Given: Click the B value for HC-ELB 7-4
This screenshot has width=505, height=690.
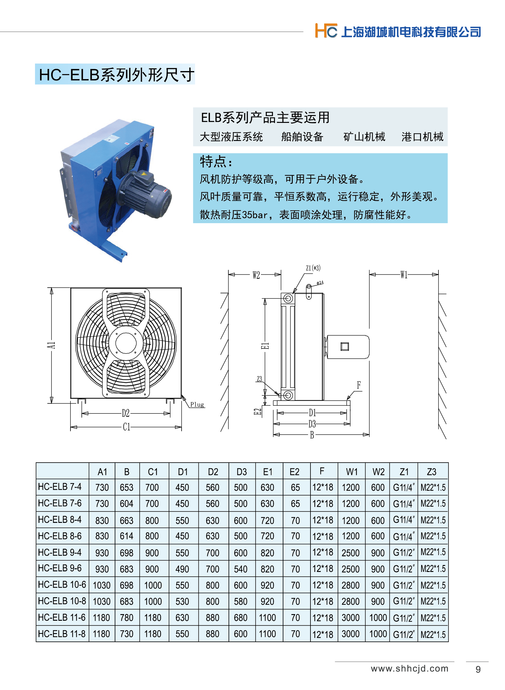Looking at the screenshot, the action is point(126,488).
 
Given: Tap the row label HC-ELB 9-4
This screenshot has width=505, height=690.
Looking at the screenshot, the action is point(60,552).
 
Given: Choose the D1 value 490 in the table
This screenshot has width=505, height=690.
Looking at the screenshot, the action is point(182,569).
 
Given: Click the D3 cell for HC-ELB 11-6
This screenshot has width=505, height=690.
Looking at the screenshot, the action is point(241,618).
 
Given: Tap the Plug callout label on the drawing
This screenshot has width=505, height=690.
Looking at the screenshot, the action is point(197,404).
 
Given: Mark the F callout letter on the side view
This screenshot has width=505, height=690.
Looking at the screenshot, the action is point(359,385).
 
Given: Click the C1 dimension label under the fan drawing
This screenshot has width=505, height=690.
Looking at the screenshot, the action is point(126,427).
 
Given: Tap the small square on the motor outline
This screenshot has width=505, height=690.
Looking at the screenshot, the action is point(345,346).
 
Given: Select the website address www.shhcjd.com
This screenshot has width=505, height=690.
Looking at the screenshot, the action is point(410,669).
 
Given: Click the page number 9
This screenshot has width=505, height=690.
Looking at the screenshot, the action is point(478,670).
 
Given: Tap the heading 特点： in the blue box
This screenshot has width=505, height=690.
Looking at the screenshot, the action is point(217,162).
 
